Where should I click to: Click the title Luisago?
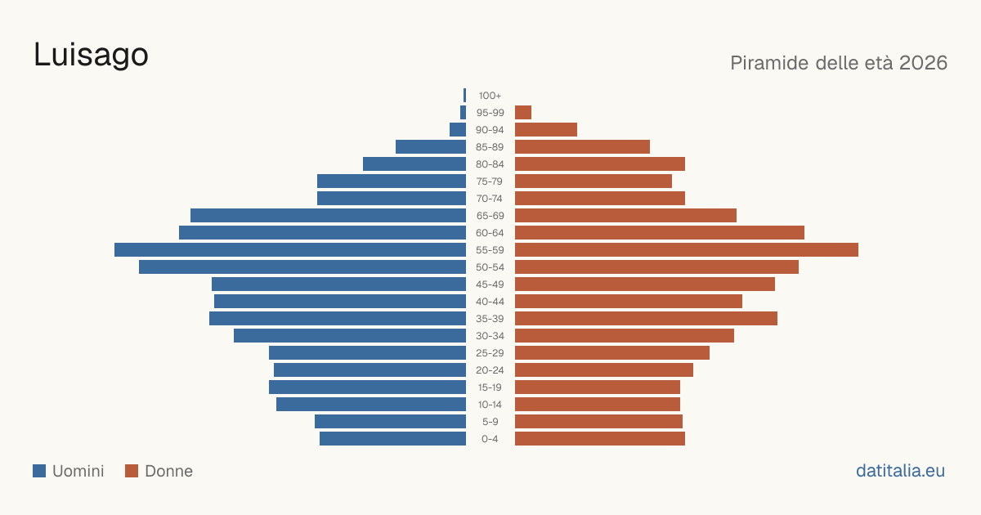tap(91, 56)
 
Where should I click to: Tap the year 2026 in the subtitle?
tap(923, 63)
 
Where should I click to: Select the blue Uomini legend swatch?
tap(39, 471)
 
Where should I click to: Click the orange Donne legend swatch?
tap(132, 471)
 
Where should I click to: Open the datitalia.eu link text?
tap(900, 471)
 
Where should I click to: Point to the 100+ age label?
tap(490, 96)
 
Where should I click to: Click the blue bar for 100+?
tap(464, 96)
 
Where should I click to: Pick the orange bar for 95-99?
tap(523, 113)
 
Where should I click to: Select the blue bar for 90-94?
tap(458, 130)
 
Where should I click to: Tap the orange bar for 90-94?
tap(546, 130)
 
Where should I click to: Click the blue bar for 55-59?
tap(290, 250)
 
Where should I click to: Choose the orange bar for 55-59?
tap(687, 250)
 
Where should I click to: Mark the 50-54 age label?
tap(490, 267)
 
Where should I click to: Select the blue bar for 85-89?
tap(431, 146)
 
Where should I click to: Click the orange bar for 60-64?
tap(660, 232)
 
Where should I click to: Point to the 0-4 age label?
tap(490, 439)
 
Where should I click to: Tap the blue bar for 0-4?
tap(393, 439)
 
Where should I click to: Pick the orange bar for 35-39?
tap(646, 318)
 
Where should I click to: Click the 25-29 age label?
tap(490, 353)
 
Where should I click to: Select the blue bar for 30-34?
tap(350, 336)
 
